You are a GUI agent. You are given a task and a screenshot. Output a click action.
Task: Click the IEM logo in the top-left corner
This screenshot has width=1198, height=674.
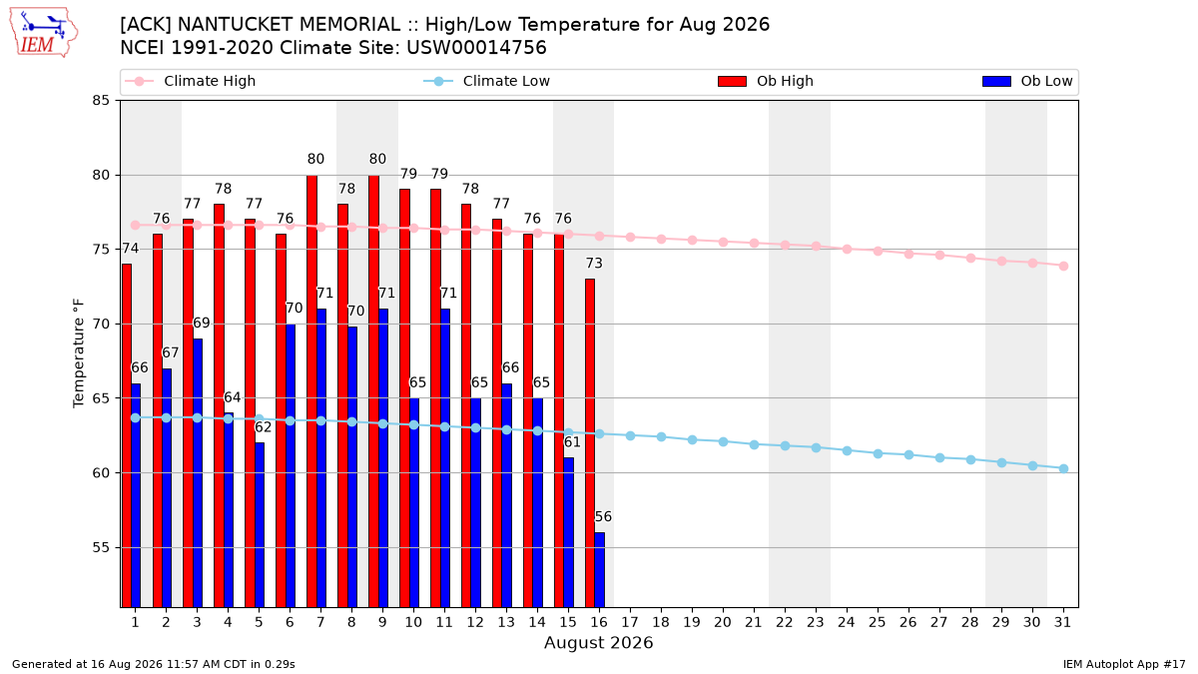tap(43, 32)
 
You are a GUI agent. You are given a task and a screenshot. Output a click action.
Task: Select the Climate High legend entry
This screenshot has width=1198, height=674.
tap(190, 81)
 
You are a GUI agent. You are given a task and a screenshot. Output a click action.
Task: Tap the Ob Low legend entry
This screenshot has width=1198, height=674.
tap(1027, 81)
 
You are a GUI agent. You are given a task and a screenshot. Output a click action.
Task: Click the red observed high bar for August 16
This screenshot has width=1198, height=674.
tap(589, 443)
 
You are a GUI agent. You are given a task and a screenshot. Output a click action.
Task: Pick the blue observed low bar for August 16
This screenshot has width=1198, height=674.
tap(600, 570)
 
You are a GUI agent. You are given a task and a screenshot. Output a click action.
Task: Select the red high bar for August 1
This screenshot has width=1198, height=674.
tap(126, 435)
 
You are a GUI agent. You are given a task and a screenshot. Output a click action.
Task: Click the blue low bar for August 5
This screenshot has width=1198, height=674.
tap(260, 525)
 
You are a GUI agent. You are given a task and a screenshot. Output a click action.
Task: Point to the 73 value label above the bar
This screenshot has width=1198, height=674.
tap(594, 264)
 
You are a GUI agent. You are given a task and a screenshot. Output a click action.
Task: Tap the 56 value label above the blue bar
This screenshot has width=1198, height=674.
tap(603, 517)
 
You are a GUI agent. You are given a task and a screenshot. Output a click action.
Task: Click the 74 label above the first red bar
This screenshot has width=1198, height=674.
tap(130, 249)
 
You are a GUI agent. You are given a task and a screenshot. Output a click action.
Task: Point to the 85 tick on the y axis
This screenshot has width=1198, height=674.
tap(101, 101)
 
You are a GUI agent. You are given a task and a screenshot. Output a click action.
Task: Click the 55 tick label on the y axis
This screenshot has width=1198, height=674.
tap(101, 548)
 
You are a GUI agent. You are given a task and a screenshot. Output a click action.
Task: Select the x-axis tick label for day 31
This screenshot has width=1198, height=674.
tap(1062, 622)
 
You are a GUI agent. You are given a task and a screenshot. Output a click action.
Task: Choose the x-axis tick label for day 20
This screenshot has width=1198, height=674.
tap(723, 622)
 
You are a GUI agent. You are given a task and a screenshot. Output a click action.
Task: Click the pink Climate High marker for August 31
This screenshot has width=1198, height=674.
tap(1063, 266)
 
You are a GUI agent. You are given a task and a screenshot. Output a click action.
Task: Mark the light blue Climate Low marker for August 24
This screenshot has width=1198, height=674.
tap(847, 451)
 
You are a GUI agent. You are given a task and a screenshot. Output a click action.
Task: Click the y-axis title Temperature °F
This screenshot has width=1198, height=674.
tap(79, 353)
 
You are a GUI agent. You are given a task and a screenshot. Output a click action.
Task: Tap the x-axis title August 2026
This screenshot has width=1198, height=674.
tap(598, 642)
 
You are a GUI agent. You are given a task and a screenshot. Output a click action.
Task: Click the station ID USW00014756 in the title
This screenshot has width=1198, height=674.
tap(476, 48)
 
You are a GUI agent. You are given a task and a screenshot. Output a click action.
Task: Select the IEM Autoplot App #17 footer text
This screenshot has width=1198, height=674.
tap(1124, 664)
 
